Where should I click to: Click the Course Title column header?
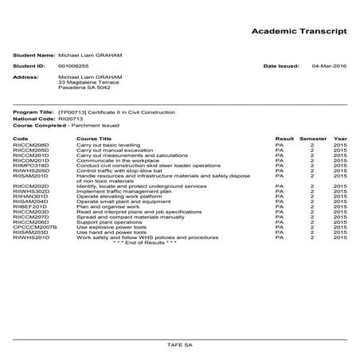tap(94, 138)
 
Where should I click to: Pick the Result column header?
tap(284, 138)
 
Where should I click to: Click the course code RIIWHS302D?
tap(32, 191)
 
